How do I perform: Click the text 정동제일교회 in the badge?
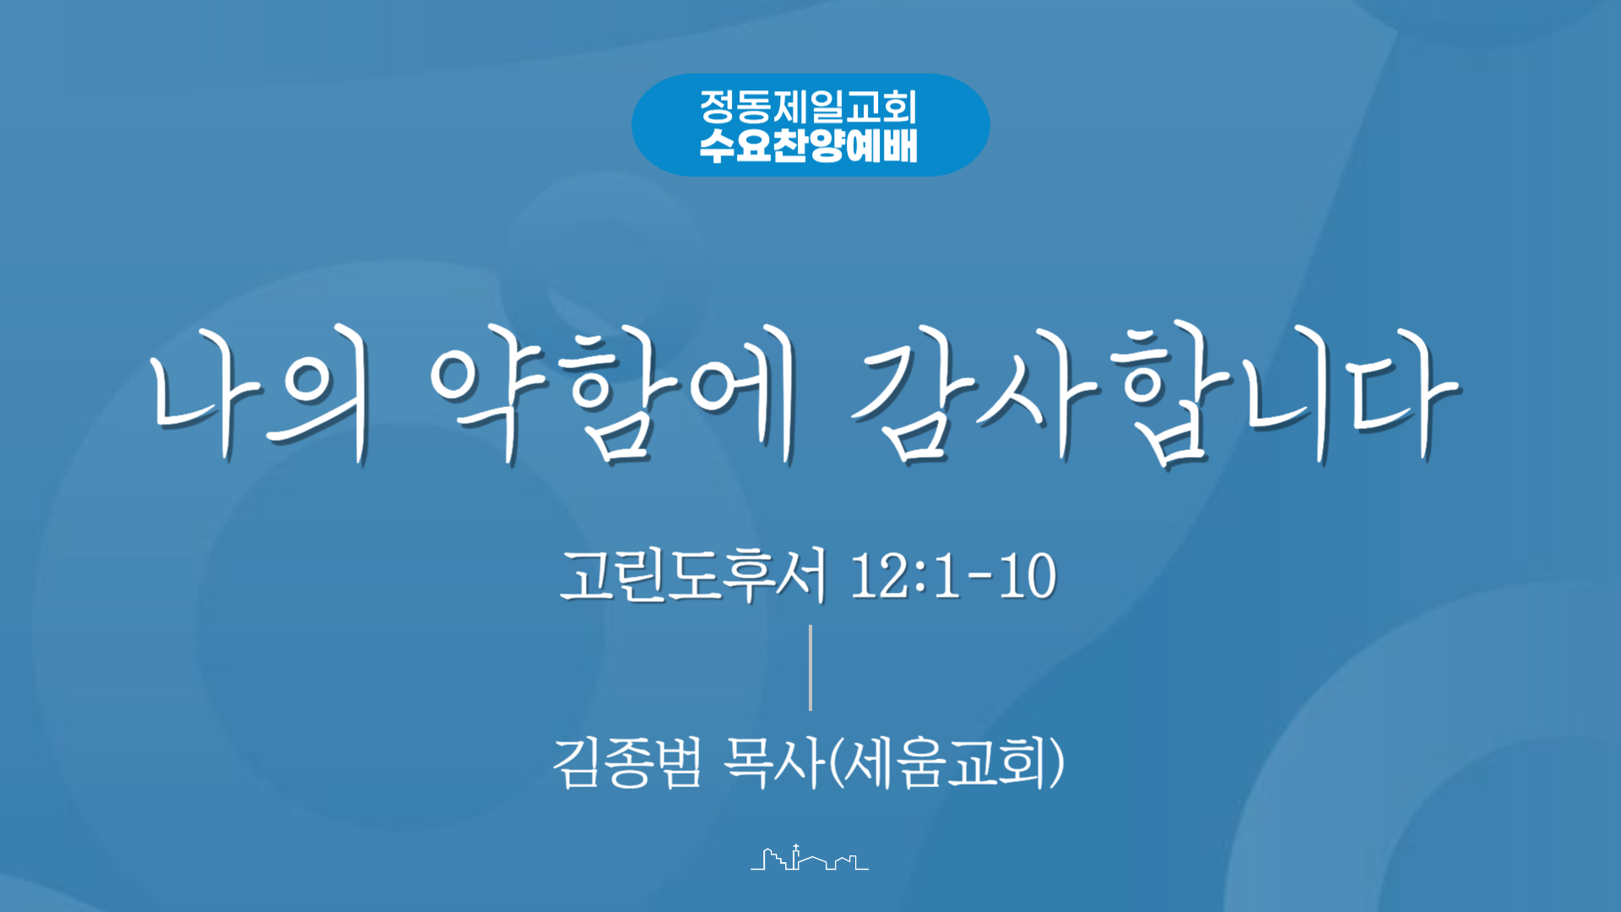coord(808,107)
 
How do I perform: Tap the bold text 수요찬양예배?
coord(808,145)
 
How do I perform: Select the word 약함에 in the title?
coord(615,394)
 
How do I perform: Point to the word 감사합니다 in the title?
coord(1155,394)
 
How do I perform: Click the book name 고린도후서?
coord(692,575)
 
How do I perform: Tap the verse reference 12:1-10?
coord(952,576)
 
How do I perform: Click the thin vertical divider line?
coord(810,667)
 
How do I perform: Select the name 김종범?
coord(627,763)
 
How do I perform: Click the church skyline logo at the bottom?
coord(810,858)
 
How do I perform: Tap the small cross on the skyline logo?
coord(795,847)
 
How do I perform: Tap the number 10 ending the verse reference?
coord(1027,576)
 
